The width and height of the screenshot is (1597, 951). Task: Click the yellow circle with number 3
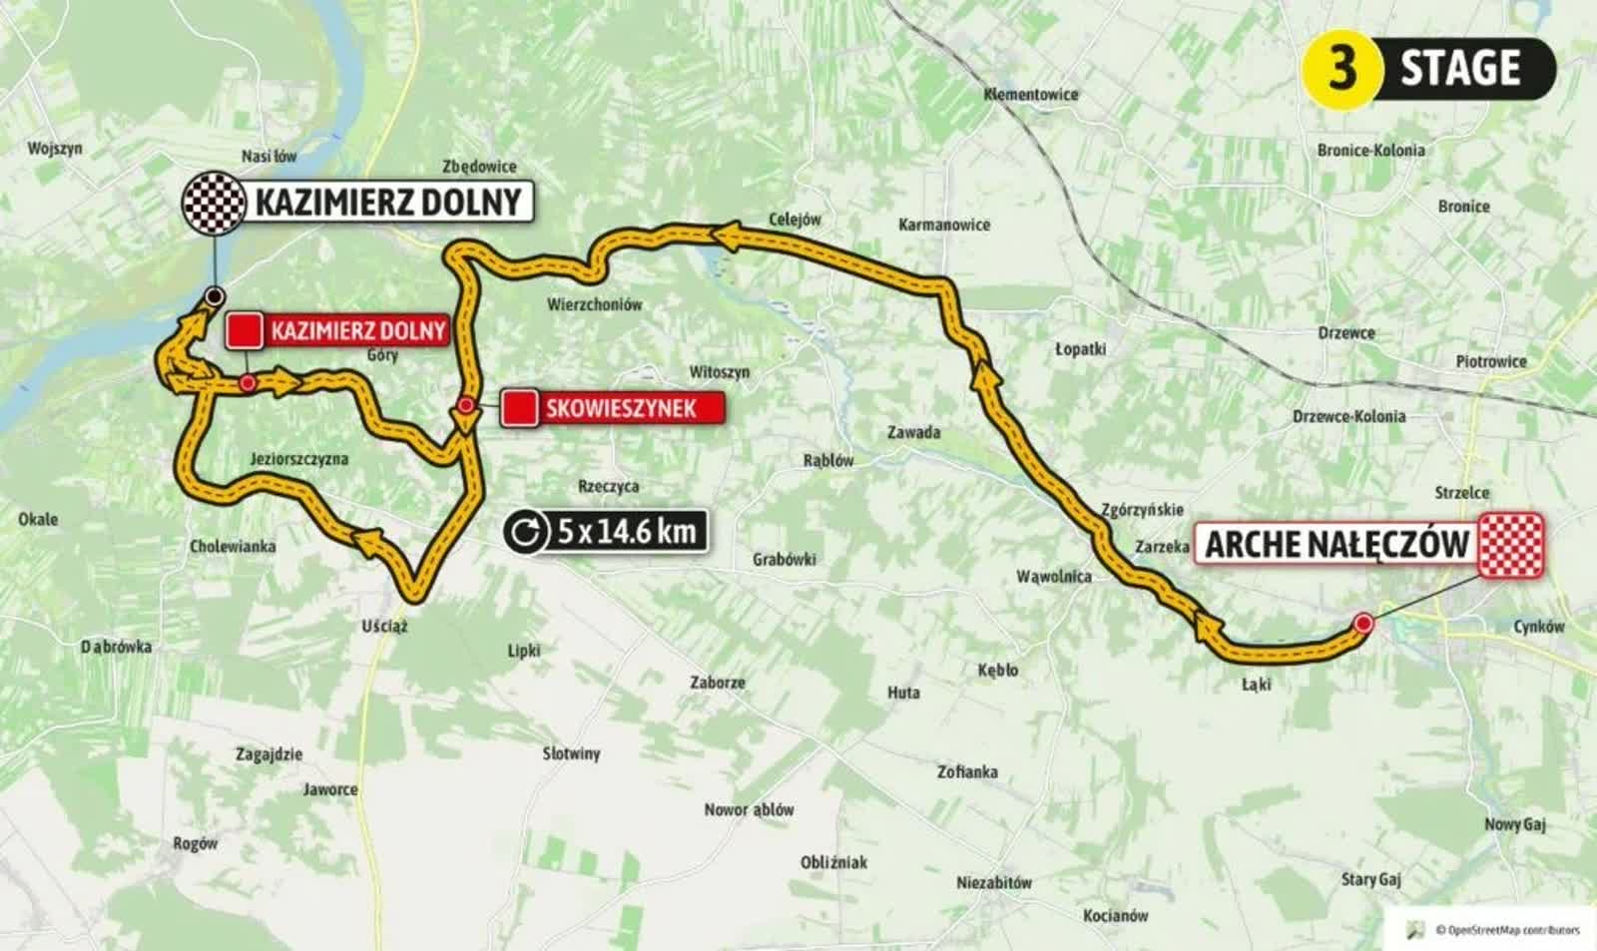click(1341, 68)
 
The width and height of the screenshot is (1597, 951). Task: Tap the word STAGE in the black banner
click(1460, 68)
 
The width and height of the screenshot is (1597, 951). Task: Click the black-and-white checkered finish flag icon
click(213, 203)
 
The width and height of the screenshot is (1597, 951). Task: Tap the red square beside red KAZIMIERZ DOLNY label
click(245, 330)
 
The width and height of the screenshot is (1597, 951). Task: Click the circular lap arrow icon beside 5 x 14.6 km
click(525, 531)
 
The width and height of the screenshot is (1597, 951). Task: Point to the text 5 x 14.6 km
click(626, 531)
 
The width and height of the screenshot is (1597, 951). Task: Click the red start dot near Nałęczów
click(1363, 624)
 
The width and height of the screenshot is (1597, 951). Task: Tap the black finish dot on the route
click(213, 295)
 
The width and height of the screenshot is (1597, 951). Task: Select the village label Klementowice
click(1031, 95)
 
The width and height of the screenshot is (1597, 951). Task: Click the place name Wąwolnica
click(1053, 577)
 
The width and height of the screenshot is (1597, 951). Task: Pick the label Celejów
click(795, 220)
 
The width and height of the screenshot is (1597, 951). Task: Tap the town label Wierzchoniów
click(594, 304)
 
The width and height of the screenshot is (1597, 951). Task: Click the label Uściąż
click(384, 627)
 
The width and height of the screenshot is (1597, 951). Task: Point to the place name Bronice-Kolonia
click(1370, 151)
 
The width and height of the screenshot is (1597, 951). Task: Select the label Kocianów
click(1115, 915)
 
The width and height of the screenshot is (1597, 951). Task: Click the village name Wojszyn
click(55, 149)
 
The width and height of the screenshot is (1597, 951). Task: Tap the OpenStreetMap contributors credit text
click(1507, 930)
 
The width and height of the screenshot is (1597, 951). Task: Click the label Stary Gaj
click(1370, 879)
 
